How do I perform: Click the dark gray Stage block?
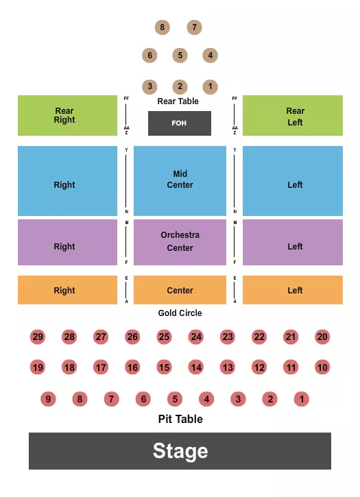point(180,450)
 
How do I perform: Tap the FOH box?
point(180,123)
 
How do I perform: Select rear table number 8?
point(163,27)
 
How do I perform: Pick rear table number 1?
point(211,86)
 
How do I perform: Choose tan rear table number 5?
point(180,55)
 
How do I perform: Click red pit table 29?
point(38,337)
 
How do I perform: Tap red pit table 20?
point(322,337)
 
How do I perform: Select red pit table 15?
point(164,367)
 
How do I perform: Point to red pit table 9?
point(48,399)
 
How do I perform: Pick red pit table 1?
point(302,399)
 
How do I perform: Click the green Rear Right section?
point(67,115)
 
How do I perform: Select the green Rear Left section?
point(293,115)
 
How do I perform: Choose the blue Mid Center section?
point(180,180)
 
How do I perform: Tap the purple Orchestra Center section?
point(180,242)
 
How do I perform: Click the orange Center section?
point(180,290)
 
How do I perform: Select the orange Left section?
point(293,290)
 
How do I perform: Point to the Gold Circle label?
point(180,313)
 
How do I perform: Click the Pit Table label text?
point(180,419)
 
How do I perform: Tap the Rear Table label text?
point(178,101)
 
